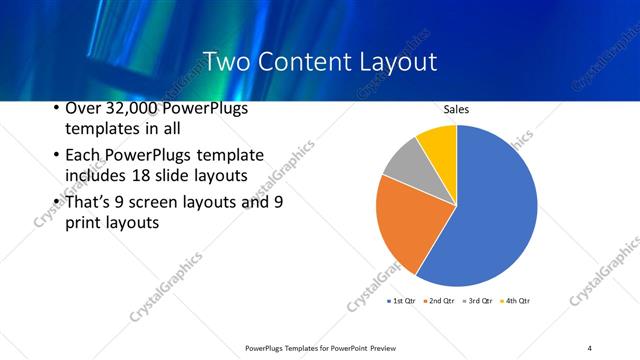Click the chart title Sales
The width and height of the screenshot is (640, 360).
(x=456, y=110)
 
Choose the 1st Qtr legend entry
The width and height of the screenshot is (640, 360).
(x=403, y=300)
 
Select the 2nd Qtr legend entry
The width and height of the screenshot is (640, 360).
(x=440, y=300)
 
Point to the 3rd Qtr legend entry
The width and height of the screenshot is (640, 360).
(x=477, y=300)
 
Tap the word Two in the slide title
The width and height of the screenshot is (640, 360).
(x=225, y=62)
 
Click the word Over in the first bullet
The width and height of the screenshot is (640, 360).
(x=82, y=108)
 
